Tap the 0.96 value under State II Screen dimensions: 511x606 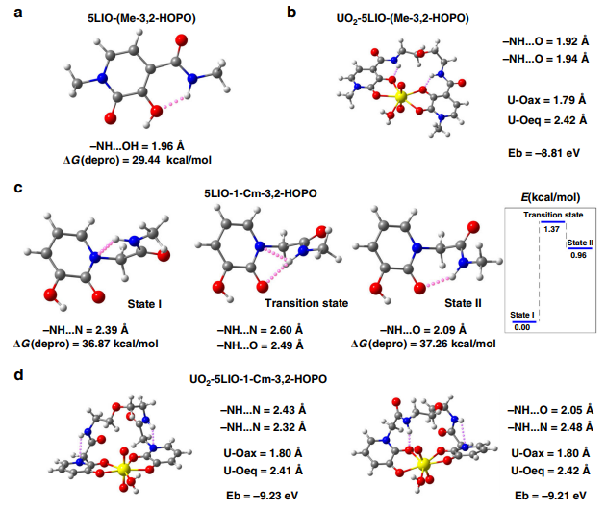tap(577, 255)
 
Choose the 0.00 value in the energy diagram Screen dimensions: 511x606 tap(521, 328)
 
